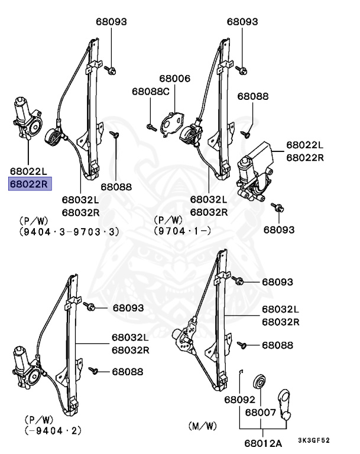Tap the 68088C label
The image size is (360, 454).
150,92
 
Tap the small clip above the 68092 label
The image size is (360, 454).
241,371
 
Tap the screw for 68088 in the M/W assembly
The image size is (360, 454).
241,345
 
